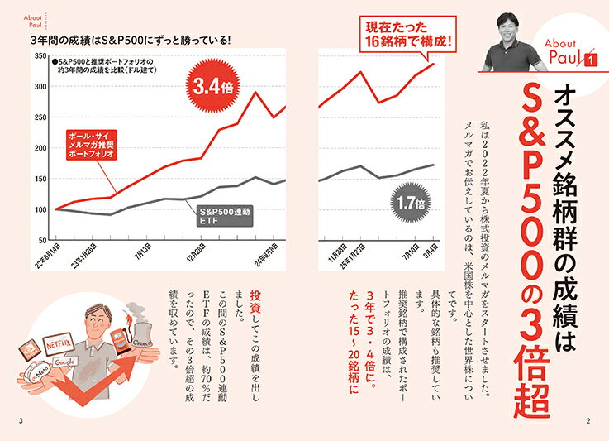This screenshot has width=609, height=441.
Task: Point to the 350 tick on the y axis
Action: [40, 55]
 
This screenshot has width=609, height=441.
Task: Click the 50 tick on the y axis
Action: [42, 240]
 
